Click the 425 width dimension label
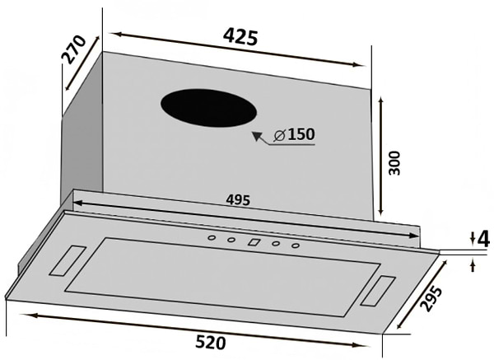point(240,37)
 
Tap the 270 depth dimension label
point(73,49)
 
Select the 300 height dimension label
point(394,163)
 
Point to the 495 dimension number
point(238,200)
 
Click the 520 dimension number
point(211,343)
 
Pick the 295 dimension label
point(431,298)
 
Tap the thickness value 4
point(483,240)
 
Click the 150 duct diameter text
point(301,134)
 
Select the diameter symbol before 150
point(279,135)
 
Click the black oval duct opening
point(208,108)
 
